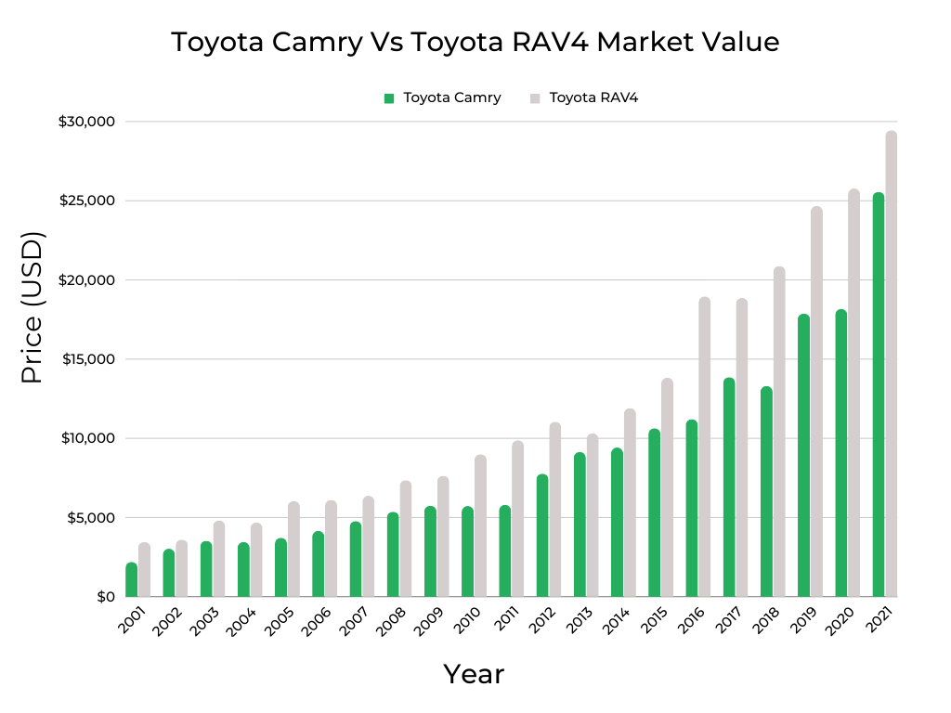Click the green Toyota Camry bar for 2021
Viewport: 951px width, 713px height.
pos(878,395)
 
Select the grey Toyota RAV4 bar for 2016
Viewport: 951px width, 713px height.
pos(705,447)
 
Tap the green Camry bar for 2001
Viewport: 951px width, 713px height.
pos(132,579)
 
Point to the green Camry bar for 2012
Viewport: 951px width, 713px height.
pos(542,535)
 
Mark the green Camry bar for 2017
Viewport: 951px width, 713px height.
pos(729,486)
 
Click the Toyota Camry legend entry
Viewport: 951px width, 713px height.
pos(451,97)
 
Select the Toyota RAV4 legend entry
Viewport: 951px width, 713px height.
pos(593,97)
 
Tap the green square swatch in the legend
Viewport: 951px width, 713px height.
pos(389,97)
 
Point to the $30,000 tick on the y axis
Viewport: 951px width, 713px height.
pos(86,122)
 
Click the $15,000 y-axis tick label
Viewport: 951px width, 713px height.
pos(86,359)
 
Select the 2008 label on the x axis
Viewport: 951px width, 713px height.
pos(390,622)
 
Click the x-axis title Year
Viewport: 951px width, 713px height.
pos(474,674)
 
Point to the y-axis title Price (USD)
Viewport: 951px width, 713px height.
pos(33,308)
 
